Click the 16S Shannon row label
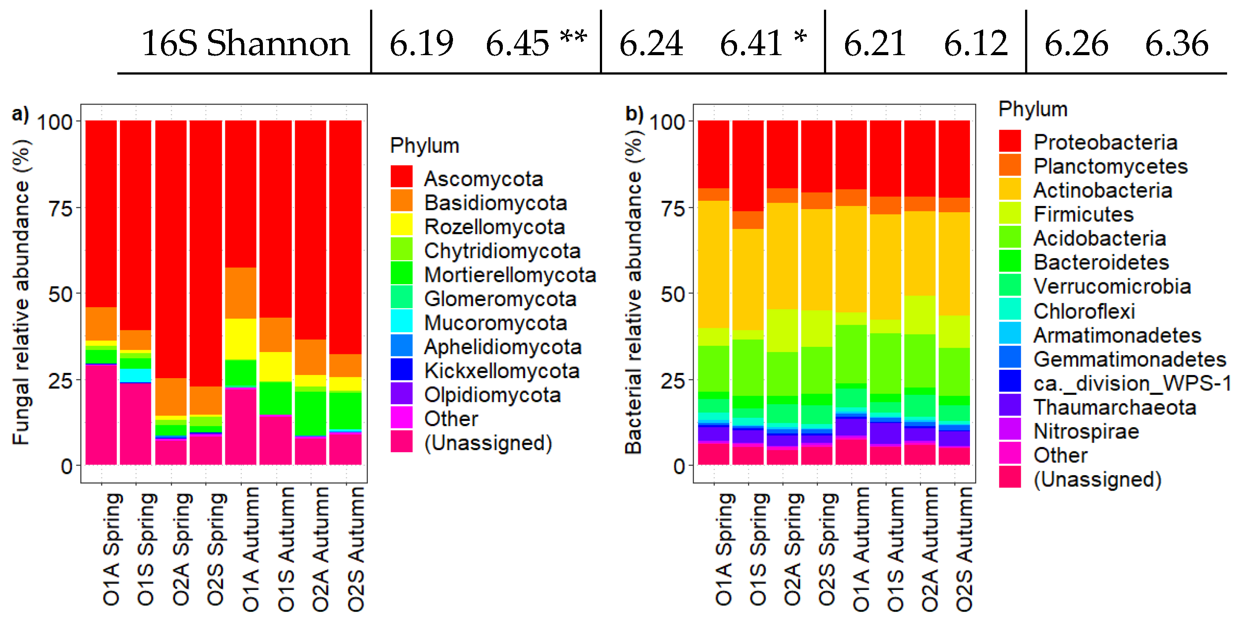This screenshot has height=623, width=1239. (x=245, y=43)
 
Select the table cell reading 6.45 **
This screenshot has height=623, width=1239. (x=535, y=43)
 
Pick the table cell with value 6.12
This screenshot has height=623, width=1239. (x=975, y=43)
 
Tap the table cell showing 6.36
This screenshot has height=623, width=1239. (x=1176, y=43)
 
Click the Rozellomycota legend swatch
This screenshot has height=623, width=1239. (x=401, y=225)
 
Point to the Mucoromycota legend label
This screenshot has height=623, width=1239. (x=495, y=323)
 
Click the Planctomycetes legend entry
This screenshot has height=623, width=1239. (x=1111, y=166)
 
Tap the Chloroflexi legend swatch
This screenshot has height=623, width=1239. (x=1010, y=309)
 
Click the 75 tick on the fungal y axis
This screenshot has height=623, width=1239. (x=60, y=208)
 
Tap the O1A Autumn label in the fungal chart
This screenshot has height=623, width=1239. (x=250, y=548)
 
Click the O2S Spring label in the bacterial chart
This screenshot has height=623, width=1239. (x=827, y=548)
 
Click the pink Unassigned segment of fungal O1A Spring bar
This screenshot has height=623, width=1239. (x=101, y=414)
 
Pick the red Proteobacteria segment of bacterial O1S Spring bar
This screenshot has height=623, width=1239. (x=748, y=166)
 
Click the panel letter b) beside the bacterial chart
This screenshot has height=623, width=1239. (x=633, y=113)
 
